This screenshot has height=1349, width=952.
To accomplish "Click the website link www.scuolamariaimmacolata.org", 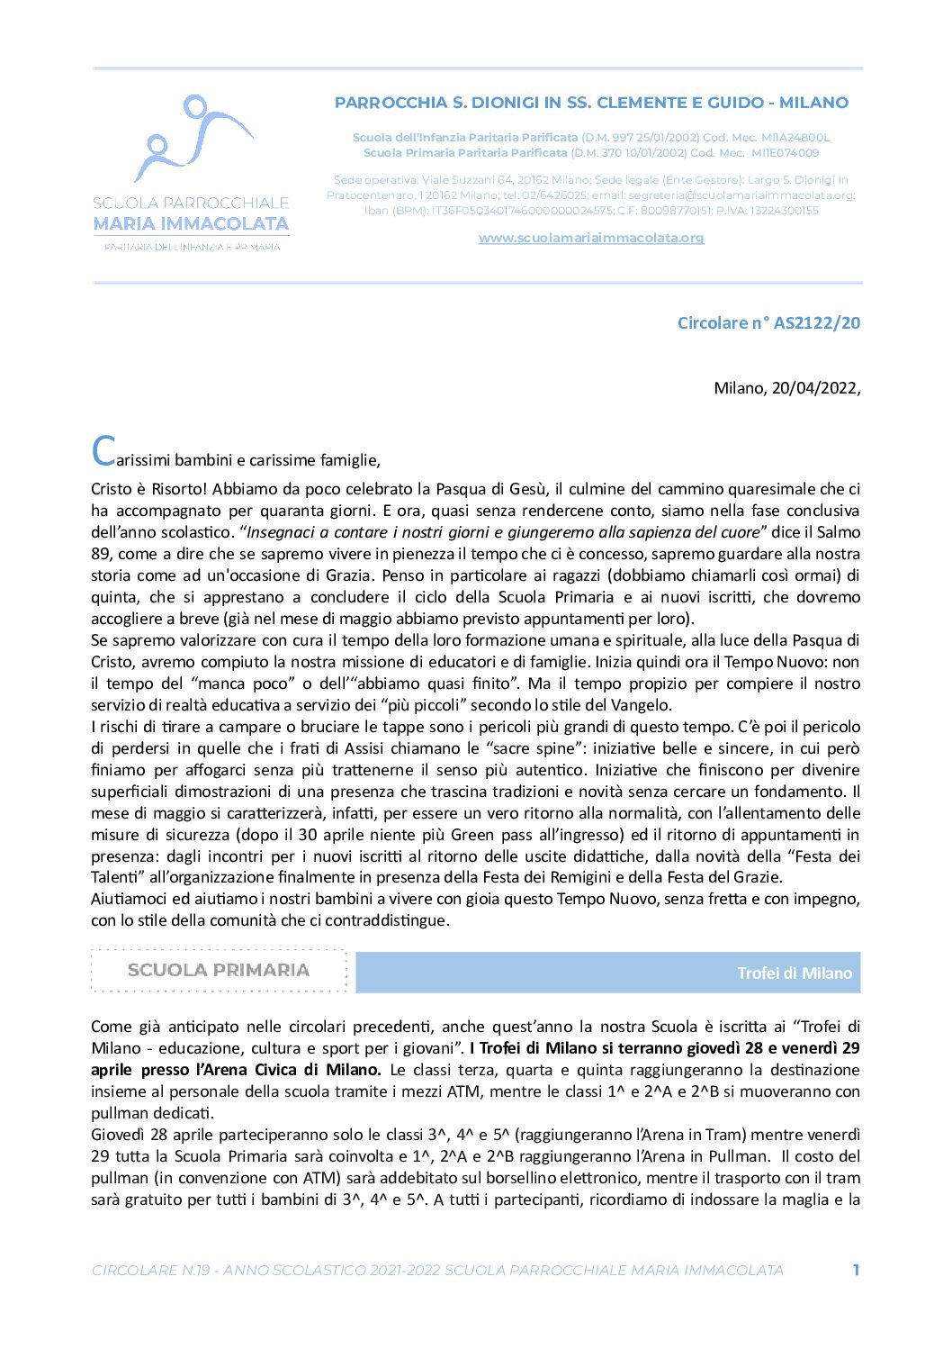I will [590, 238].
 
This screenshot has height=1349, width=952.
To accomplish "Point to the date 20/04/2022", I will [814, 388].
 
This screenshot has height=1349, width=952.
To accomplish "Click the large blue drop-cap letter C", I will [103, 451].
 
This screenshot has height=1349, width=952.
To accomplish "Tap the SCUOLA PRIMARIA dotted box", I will [219, 970].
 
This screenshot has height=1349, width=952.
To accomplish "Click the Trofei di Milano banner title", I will [794, 973].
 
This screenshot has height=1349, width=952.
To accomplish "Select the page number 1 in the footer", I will [856, 1270].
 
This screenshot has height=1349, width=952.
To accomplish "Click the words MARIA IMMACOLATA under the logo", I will [191, 223].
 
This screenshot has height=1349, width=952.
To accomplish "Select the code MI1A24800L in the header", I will [795, 138].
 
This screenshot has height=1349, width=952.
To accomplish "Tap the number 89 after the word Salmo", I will [101, 554].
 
